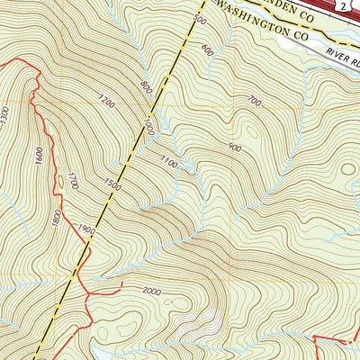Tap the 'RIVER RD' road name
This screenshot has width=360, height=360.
(x=341, y=55)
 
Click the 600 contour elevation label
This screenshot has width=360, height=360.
(x=209, y=49)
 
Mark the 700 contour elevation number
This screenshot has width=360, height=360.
(x=254, y=102)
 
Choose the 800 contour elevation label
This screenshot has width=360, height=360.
(x=147, y=87)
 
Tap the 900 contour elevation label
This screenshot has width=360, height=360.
(x=236, y=147)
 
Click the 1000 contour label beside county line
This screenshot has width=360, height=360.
(x=148, y=130)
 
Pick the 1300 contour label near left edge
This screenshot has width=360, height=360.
(x=5, y=115)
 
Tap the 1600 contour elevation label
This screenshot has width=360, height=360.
(x=40, y=155)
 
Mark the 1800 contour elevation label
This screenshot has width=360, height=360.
(x=57, y=217)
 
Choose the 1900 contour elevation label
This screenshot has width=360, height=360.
(x=86, y=231)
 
